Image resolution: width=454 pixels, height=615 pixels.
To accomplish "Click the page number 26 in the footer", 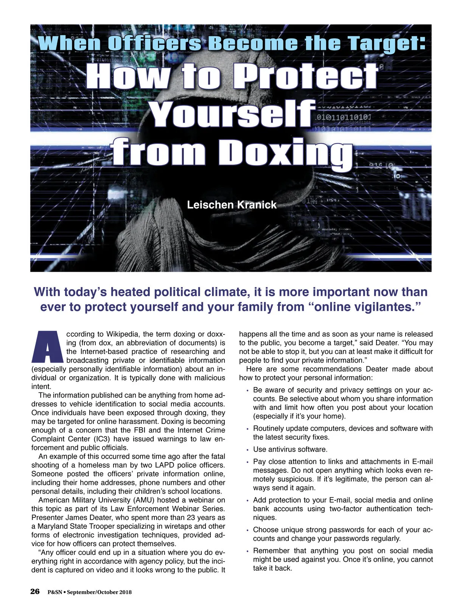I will pos(35,592).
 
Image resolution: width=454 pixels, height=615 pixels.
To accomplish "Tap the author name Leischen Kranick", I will pos(232,205).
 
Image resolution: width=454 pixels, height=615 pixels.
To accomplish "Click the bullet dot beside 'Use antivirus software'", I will pos(247,450).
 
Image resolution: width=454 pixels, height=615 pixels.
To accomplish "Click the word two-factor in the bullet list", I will pos(346,509).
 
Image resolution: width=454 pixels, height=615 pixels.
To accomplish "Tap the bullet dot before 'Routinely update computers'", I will pos(247,429).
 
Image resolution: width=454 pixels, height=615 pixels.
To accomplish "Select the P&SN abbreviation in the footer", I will pos(55,592).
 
